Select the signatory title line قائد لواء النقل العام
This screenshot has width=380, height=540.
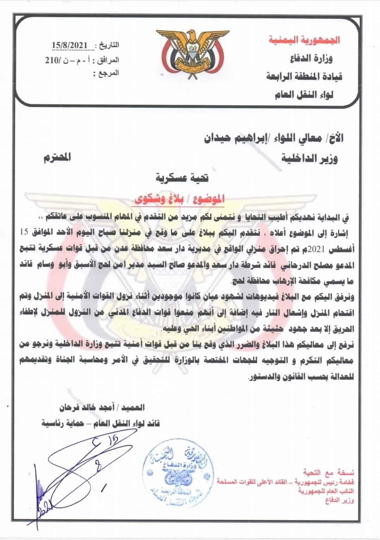(x=100, y=423)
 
